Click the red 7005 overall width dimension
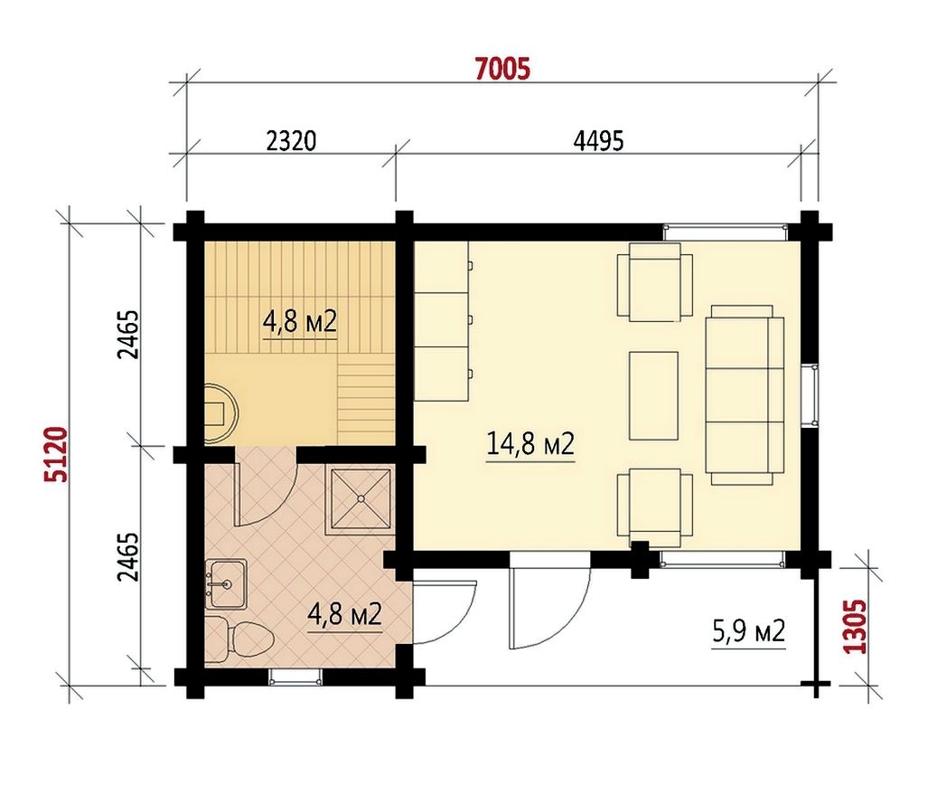click(503, 69)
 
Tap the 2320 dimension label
click(291, 141)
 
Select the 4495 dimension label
click(598, 141)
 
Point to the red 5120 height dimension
click(58, 454)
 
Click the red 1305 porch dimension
click(855, 626)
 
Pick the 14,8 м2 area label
click(530, 443)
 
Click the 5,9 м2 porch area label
click(749, 631)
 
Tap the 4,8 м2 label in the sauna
click(299, 322)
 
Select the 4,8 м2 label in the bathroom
click(344, 614)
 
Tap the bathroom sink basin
click(226, 583)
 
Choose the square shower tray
click(361, 498)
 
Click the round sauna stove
click(220, 410)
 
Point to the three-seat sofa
click(745, 395)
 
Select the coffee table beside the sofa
click(653, 395)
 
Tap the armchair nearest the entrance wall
click(654, 507)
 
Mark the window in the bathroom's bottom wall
click(295, 677)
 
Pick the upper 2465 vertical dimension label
click(128, 335)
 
